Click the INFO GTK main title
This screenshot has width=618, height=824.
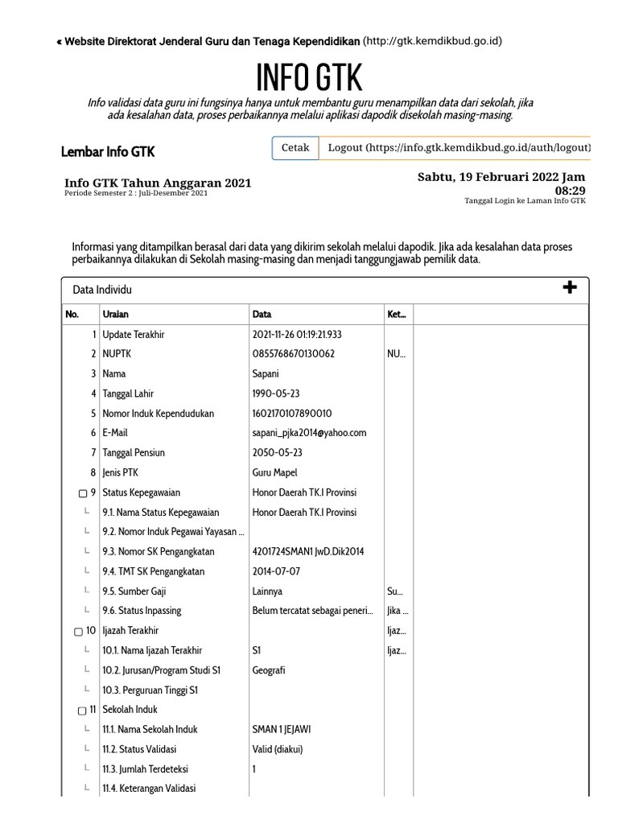pos(309,78)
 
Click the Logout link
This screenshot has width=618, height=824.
pos(455,148)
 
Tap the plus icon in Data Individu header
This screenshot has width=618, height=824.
pos(570,288)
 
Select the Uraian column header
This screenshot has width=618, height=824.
pos(116,315)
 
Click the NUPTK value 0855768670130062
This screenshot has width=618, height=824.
pos(294,354)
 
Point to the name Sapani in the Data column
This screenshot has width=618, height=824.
pos(266,374)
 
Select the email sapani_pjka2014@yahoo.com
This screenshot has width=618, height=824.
pos(309,433)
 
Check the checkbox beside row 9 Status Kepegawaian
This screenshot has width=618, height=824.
pos(82,493)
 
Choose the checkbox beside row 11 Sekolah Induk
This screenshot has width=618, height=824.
pos(81,711)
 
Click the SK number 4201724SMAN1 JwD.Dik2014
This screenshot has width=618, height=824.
pos(307,552)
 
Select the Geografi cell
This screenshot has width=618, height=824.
pos(270,670)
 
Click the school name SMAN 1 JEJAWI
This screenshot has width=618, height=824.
pos(282,730)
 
